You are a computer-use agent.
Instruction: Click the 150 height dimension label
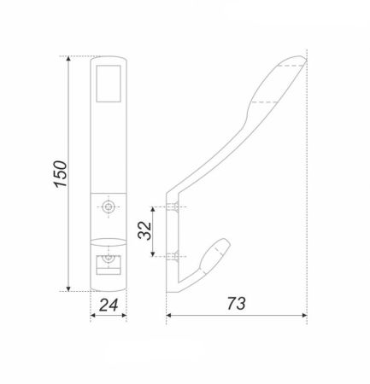pyautogui.click(x=61, y=174)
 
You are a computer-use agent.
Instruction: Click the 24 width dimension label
pyautogui.click(x=109, y=305)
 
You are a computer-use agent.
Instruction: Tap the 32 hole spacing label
pyautogui.click(x=144, y=230)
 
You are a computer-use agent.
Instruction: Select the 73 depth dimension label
pyautogui.click(x=236, y=303)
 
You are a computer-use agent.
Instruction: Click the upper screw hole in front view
pyautogui.click(x=109, y=207)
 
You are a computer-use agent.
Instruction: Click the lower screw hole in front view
pyautogui.click(x=109, y=258)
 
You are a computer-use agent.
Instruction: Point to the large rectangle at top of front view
pyautogui.click(x=109, y=84)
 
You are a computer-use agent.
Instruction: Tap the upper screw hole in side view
pyautogui.click(x=173, y=207)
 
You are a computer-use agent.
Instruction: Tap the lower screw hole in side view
pyautogui.click(x=173, y=256)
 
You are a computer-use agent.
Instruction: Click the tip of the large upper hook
pyautogui.click(x=305, y=59)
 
